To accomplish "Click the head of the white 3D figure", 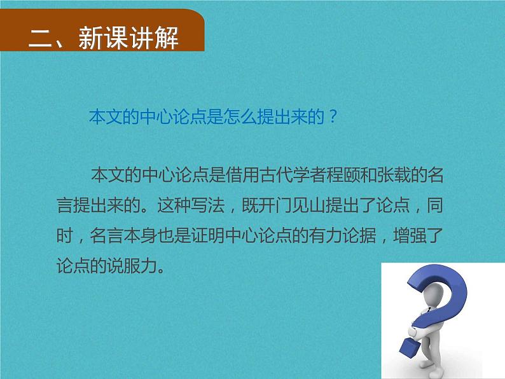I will click(x=438, y=296).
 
